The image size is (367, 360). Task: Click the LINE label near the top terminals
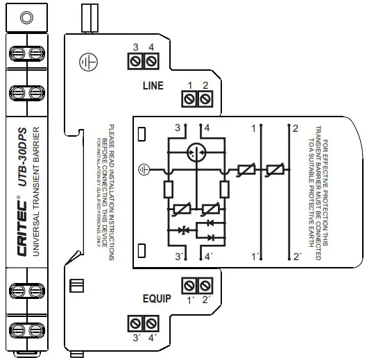pos(152,87)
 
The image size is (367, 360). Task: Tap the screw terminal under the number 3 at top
pos(137,63)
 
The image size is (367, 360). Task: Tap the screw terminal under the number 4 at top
pos(151,63)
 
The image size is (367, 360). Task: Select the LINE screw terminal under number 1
pos(189,101)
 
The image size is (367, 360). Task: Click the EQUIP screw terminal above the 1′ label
pos(189,286)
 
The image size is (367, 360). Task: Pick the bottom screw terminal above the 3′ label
pos(137,323)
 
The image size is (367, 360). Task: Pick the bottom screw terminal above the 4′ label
pos(151,323)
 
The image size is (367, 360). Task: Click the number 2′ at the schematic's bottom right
pos(297,257)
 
